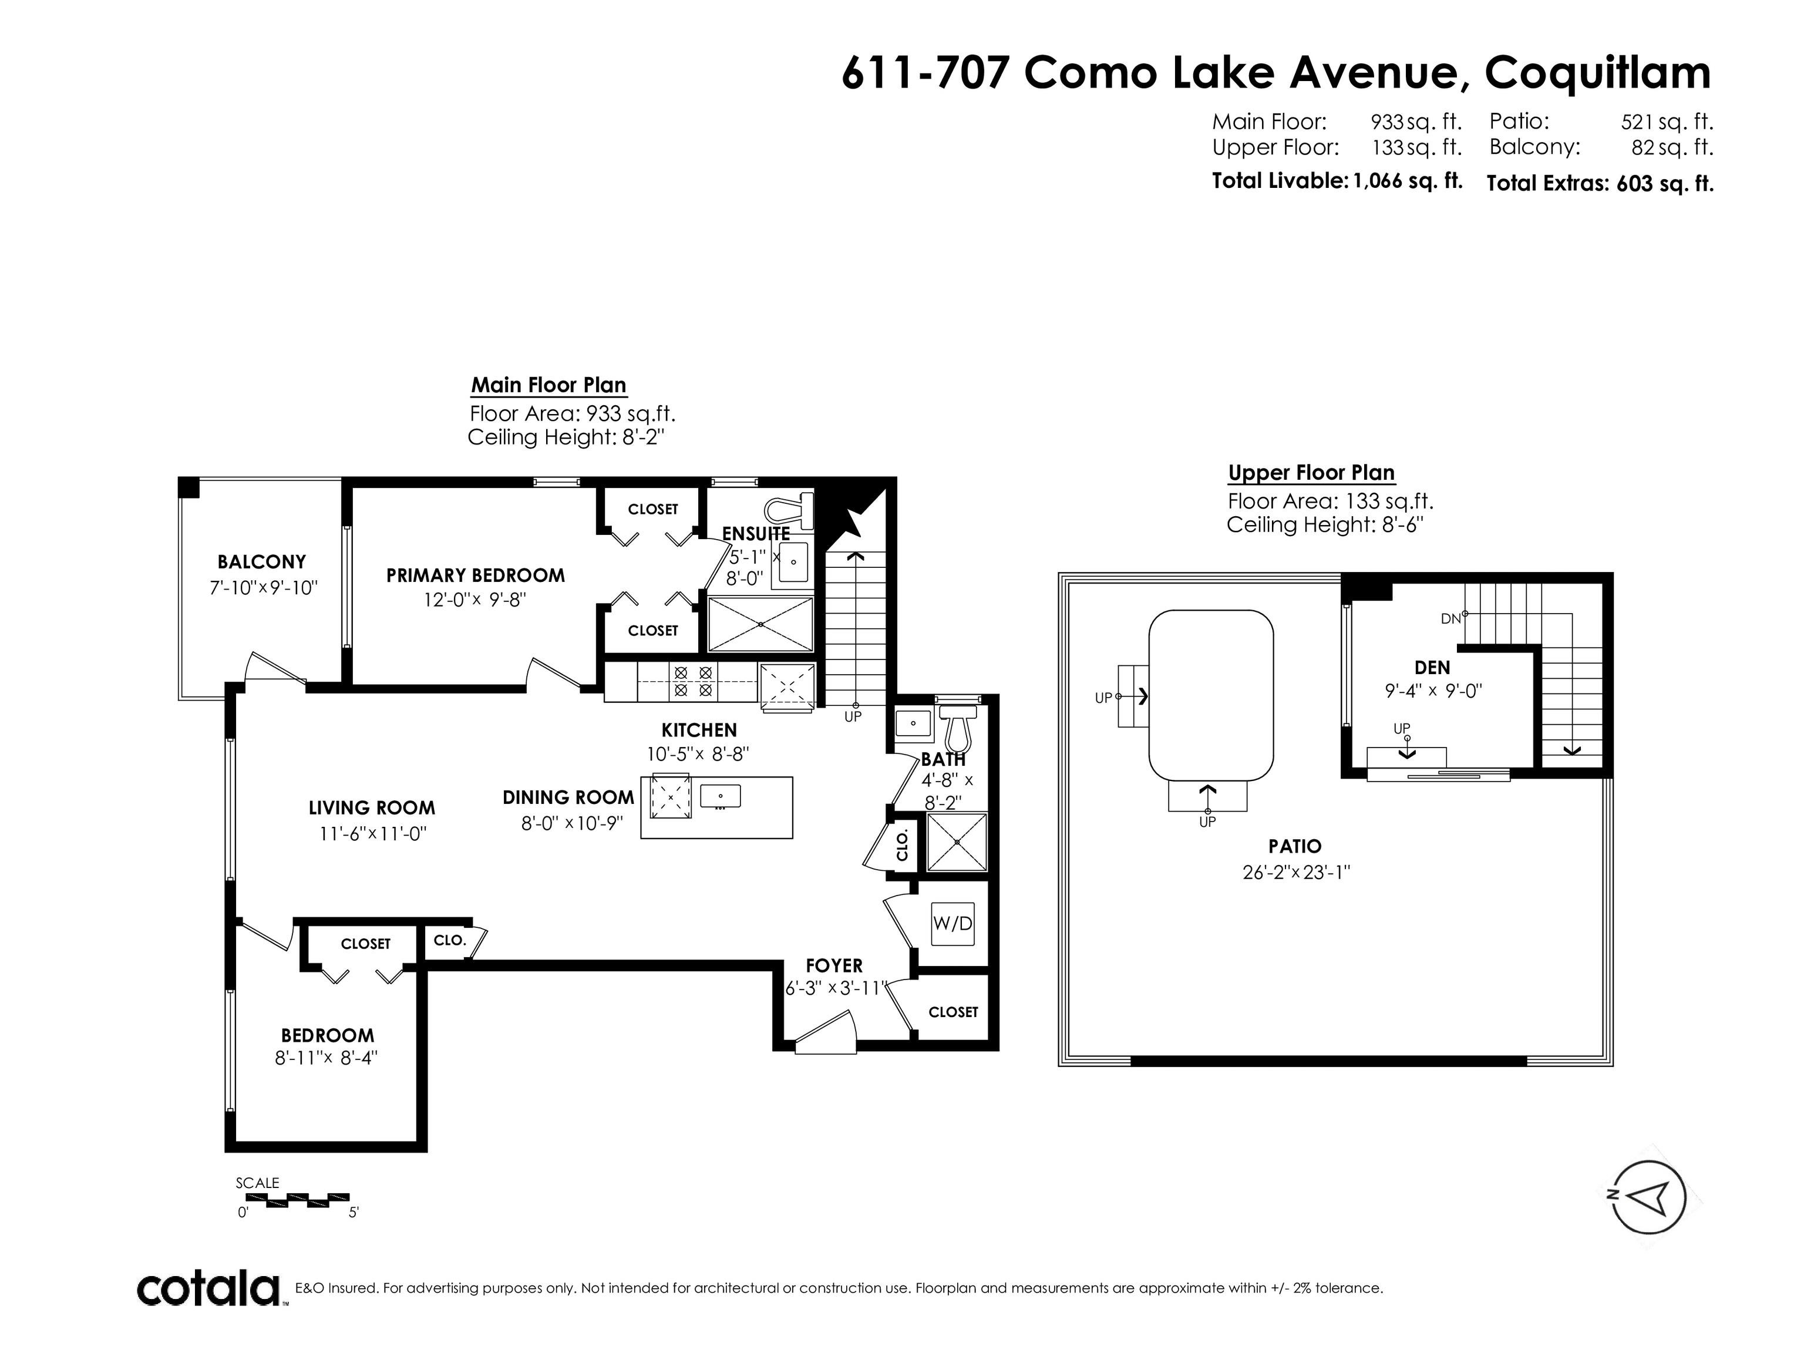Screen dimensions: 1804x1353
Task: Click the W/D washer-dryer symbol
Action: pyautogui.click(x=953, y=923)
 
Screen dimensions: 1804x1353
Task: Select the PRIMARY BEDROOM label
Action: pyautogui.click(x=476, y=575)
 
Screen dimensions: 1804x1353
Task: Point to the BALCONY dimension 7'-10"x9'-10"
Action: pyautogui.click(x=262, y=587)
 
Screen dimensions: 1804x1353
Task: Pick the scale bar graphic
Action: pyautogui.click(x=298, y=1200)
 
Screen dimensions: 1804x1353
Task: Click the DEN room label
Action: pyautogui.click(x=1432, y=667)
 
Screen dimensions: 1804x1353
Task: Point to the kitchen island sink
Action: pyautogui.click(x=719, y=795)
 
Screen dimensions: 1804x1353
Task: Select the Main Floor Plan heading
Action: pyautogui.click(x=549, y=385)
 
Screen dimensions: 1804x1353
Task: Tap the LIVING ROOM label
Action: pyautogui.click(x=372, y=807)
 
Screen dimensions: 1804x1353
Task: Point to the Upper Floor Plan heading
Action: pyautogui.click(x=1311, y=472)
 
